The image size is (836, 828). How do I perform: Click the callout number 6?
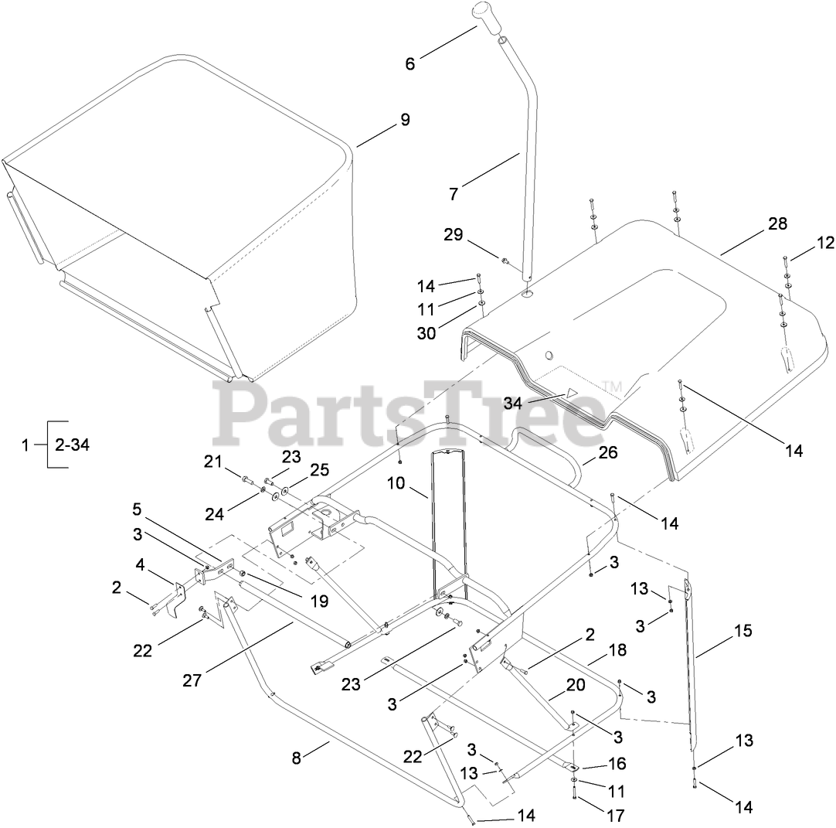tap(410, 64)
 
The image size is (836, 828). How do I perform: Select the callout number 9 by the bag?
tap(406, 121)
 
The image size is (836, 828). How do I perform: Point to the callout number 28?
tap(777, 224)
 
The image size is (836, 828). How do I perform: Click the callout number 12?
tap(825, 243)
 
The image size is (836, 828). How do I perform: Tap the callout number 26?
tap(608, 452)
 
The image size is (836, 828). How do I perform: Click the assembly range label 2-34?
tap(72, 445)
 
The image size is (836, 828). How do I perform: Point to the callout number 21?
tap(212, 462)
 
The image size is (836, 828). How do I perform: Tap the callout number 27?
tap(192, 680)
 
